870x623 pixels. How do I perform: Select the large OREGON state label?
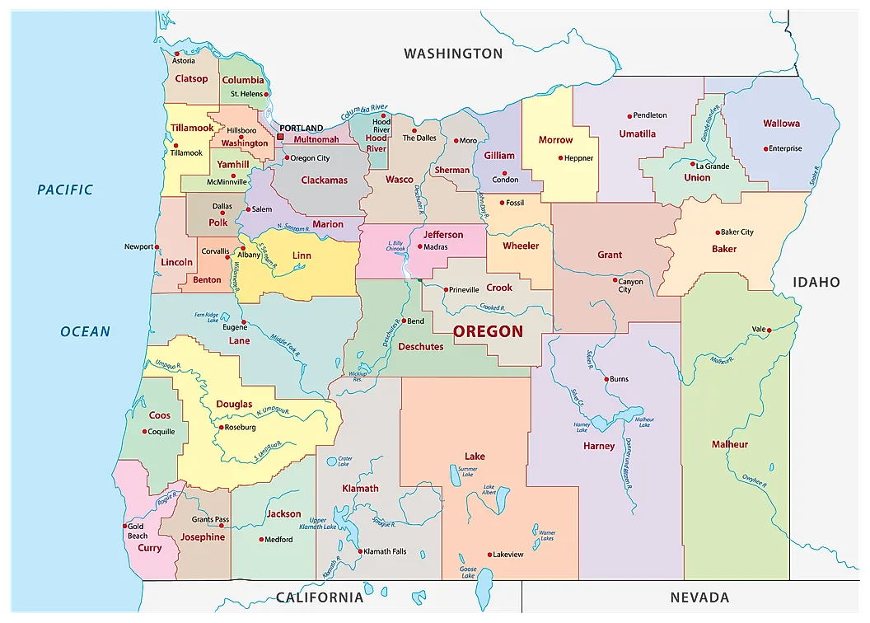coord(488,331)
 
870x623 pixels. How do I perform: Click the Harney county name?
coord(599,446)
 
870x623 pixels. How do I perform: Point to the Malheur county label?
coord(730,444)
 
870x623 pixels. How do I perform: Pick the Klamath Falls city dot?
coord(361,551)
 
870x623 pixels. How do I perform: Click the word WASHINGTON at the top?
coord(452,54)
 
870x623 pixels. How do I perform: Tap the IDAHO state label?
coord(816,282)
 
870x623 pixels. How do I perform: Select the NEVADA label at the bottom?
coord(699,597)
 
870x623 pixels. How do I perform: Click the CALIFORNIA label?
coord(320,597)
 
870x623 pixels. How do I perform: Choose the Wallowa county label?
coord(781,124)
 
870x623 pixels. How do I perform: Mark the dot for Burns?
coord(606,379)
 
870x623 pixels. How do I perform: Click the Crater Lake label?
coord(344,461)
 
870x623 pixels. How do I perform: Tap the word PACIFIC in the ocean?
coord(65,190)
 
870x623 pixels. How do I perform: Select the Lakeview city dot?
coord(490,555)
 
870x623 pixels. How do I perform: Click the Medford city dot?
coord(261,540)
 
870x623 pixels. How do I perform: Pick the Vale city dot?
coord(769,330)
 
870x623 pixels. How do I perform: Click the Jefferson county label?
coord(443,235)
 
